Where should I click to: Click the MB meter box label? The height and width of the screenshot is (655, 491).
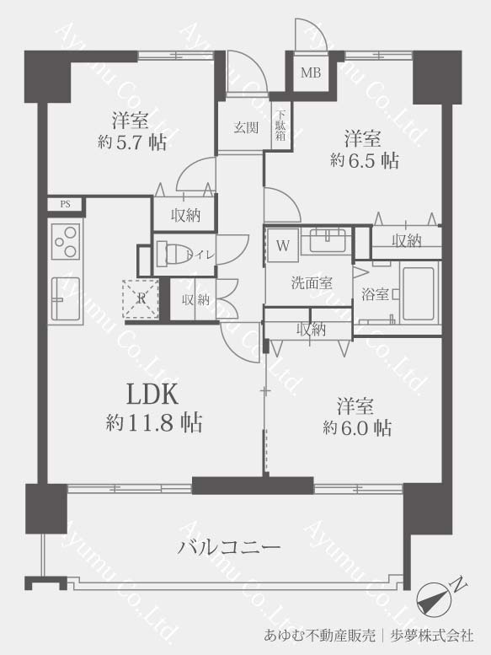312,73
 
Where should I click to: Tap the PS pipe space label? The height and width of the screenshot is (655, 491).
65,204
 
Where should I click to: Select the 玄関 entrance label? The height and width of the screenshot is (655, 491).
246,127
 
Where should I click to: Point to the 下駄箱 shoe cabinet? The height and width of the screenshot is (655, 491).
280,125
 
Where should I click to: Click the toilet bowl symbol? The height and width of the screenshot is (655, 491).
175,252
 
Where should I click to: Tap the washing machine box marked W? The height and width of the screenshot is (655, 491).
283,245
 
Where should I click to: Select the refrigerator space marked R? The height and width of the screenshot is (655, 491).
141,298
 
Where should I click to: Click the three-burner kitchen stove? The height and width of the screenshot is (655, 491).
66,241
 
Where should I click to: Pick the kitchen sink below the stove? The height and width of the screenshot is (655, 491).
66,298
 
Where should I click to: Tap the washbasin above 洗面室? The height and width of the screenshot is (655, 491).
327,239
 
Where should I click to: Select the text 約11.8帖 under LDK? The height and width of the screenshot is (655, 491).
154,422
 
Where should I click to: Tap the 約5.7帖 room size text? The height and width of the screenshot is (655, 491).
132,142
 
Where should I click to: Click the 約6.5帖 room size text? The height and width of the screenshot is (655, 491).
364,159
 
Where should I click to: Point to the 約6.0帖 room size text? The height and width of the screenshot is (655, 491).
357,427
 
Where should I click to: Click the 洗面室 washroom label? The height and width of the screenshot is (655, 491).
312,283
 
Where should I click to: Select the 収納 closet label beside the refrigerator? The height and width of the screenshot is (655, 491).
195,299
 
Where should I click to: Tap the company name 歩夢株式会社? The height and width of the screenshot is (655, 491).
431,636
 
